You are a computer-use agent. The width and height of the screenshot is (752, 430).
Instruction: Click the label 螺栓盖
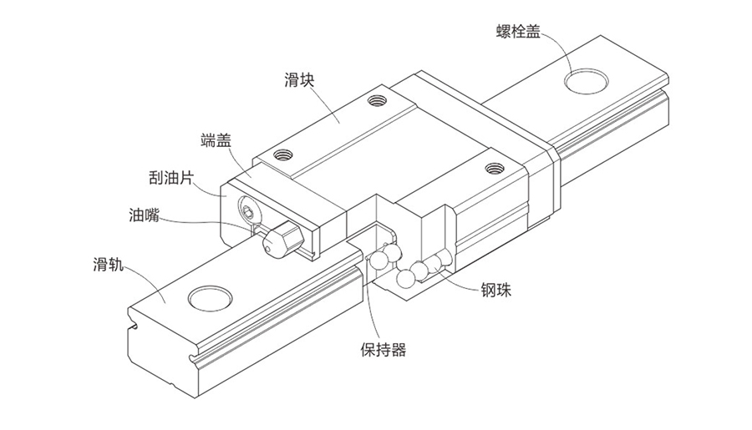click(x=518, y=31)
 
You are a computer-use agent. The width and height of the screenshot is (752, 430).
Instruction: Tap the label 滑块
click(x=299, y=79)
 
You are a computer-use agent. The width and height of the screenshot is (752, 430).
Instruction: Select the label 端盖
click(x=216, y=140)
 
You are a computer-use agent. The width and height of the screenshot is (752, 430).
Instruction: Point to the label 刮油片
click(x=171, y=179)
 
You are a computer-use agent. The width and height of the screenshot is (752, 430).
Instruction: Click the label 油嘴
click(x=144, y=215)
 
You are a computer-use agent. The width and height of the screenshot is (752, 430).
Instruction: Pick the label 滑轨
click(x=108, y=264)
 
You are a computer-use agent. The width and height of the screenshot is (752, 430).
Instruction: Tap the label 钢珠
click(x=495, y=290)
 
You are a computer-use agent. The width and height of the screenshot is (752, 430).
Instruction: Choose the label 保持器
click(x=384, y=350)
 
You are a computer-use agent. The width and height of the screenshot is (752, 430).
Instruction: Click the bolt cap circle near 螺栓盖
click(x=587, y=79)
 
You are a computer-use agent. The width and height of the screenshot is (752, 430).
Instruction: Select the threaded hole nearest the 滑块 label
click(x=377, y=101)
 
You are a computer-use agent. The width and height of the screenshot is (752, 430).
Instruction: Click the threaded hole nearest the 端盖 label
click(x=283, y=154)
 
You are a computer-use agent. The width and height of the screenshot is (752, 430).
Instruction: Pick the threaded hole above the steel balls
click(x=494, y=169)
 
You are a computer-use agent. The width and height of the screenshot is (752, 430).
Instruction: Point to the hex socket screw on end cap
click(x=248, y=211)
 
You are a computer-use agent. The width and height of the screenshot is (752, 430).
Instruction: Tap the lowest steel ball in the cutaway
click(x=405, y=279)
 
